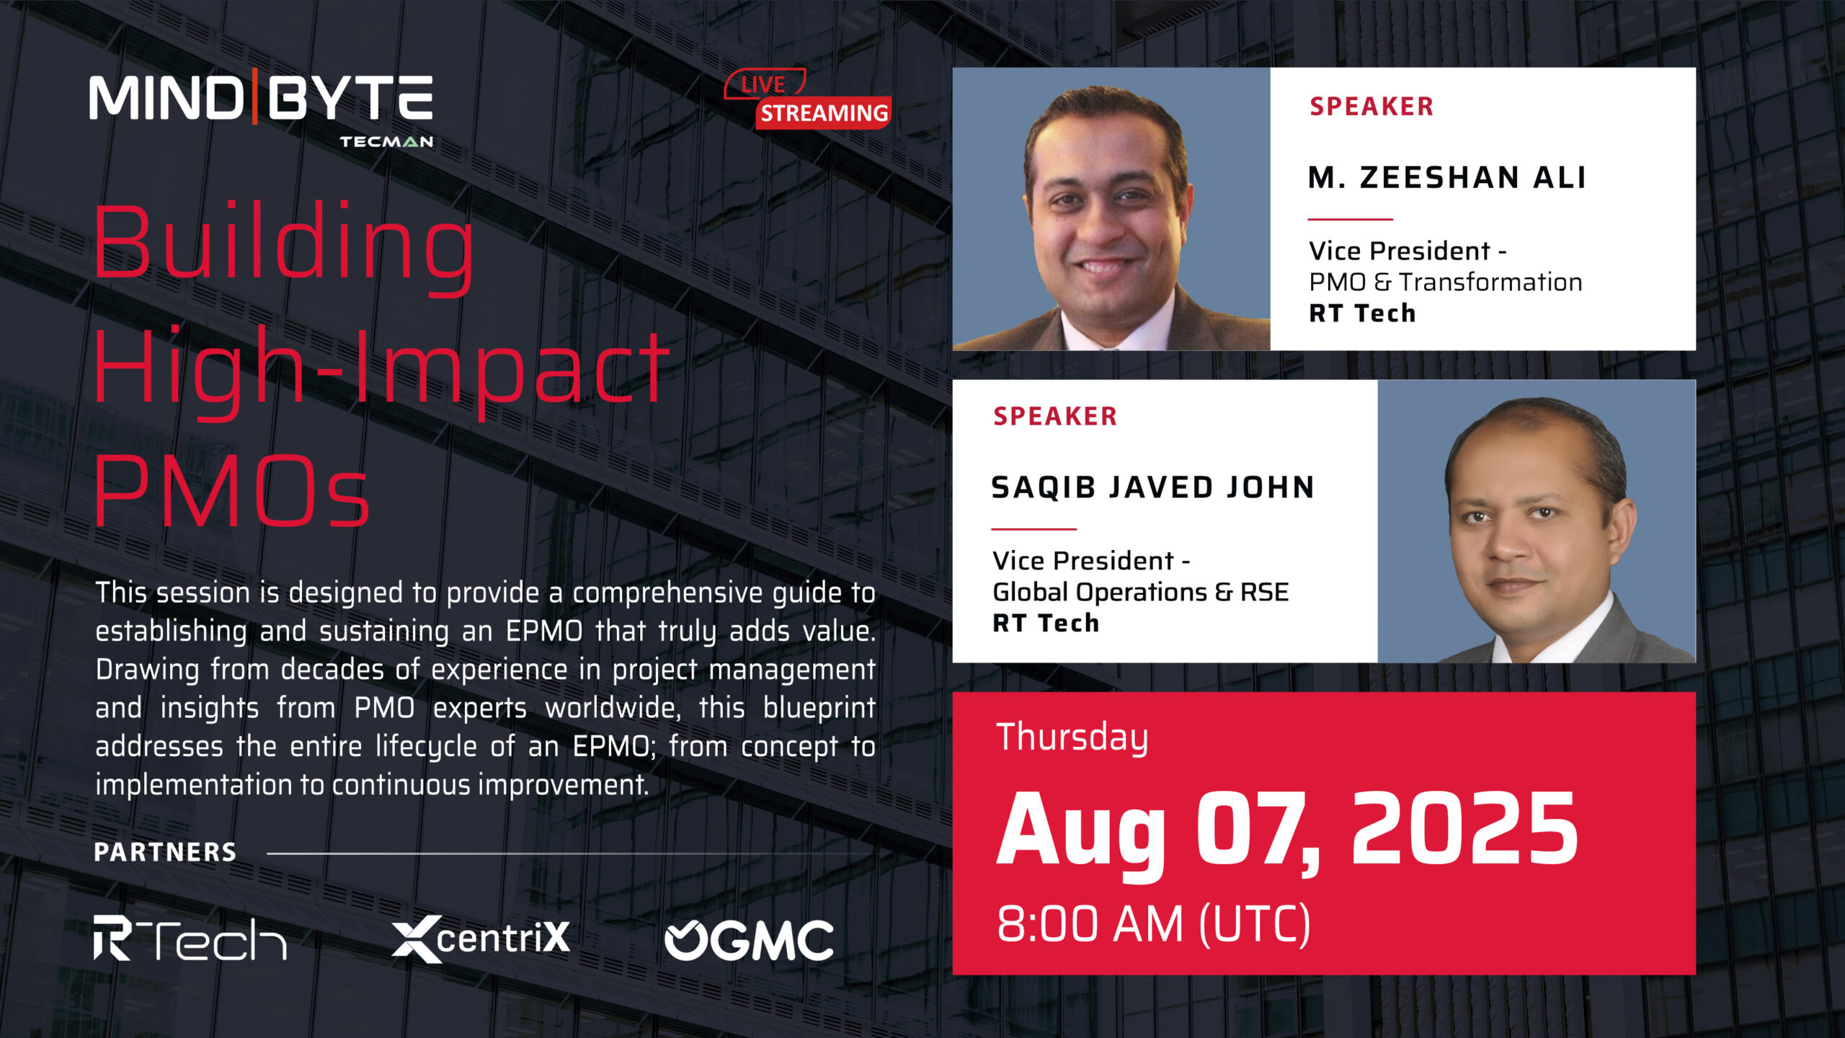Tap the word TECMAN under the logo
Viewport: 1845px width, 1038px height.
click(386, 141)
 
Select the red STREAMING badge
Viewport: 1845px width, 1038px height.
click(824, 113)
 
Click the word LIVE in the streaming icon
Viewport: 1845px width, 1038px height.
click(763, 84)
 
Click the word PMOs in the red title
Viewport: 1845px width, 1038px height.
click(232, 491)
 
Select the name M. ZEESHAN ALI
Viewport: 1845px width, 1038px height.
click(1446, 177)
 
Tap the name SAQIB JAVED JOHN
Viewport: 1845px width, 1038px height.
click(1152, 488)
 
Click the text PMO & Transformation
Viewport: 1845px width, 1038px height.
click(1445, 282)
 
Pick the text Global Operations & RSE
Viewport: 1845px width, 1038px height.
click(1140, 592)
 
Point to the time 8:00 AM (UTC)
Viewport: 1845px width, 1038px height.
click(1153, 924)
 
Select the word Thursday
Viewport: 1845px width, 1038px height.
click(1072, 738)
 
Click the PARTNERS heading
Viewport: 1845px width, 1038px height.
click(165, 852)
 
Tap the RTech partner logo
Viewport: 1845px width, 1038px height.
click(190, 938)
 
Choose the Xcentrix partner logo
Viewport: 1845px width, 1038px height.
click(481, 939)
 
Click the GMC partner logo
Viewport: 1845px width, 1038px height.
click(749, 940)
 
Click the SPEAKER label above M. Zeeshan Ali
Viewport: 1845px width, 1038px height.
click(1371, 107)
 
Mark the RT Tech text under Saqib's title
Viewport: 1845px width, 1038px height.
click(1046, 623)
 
